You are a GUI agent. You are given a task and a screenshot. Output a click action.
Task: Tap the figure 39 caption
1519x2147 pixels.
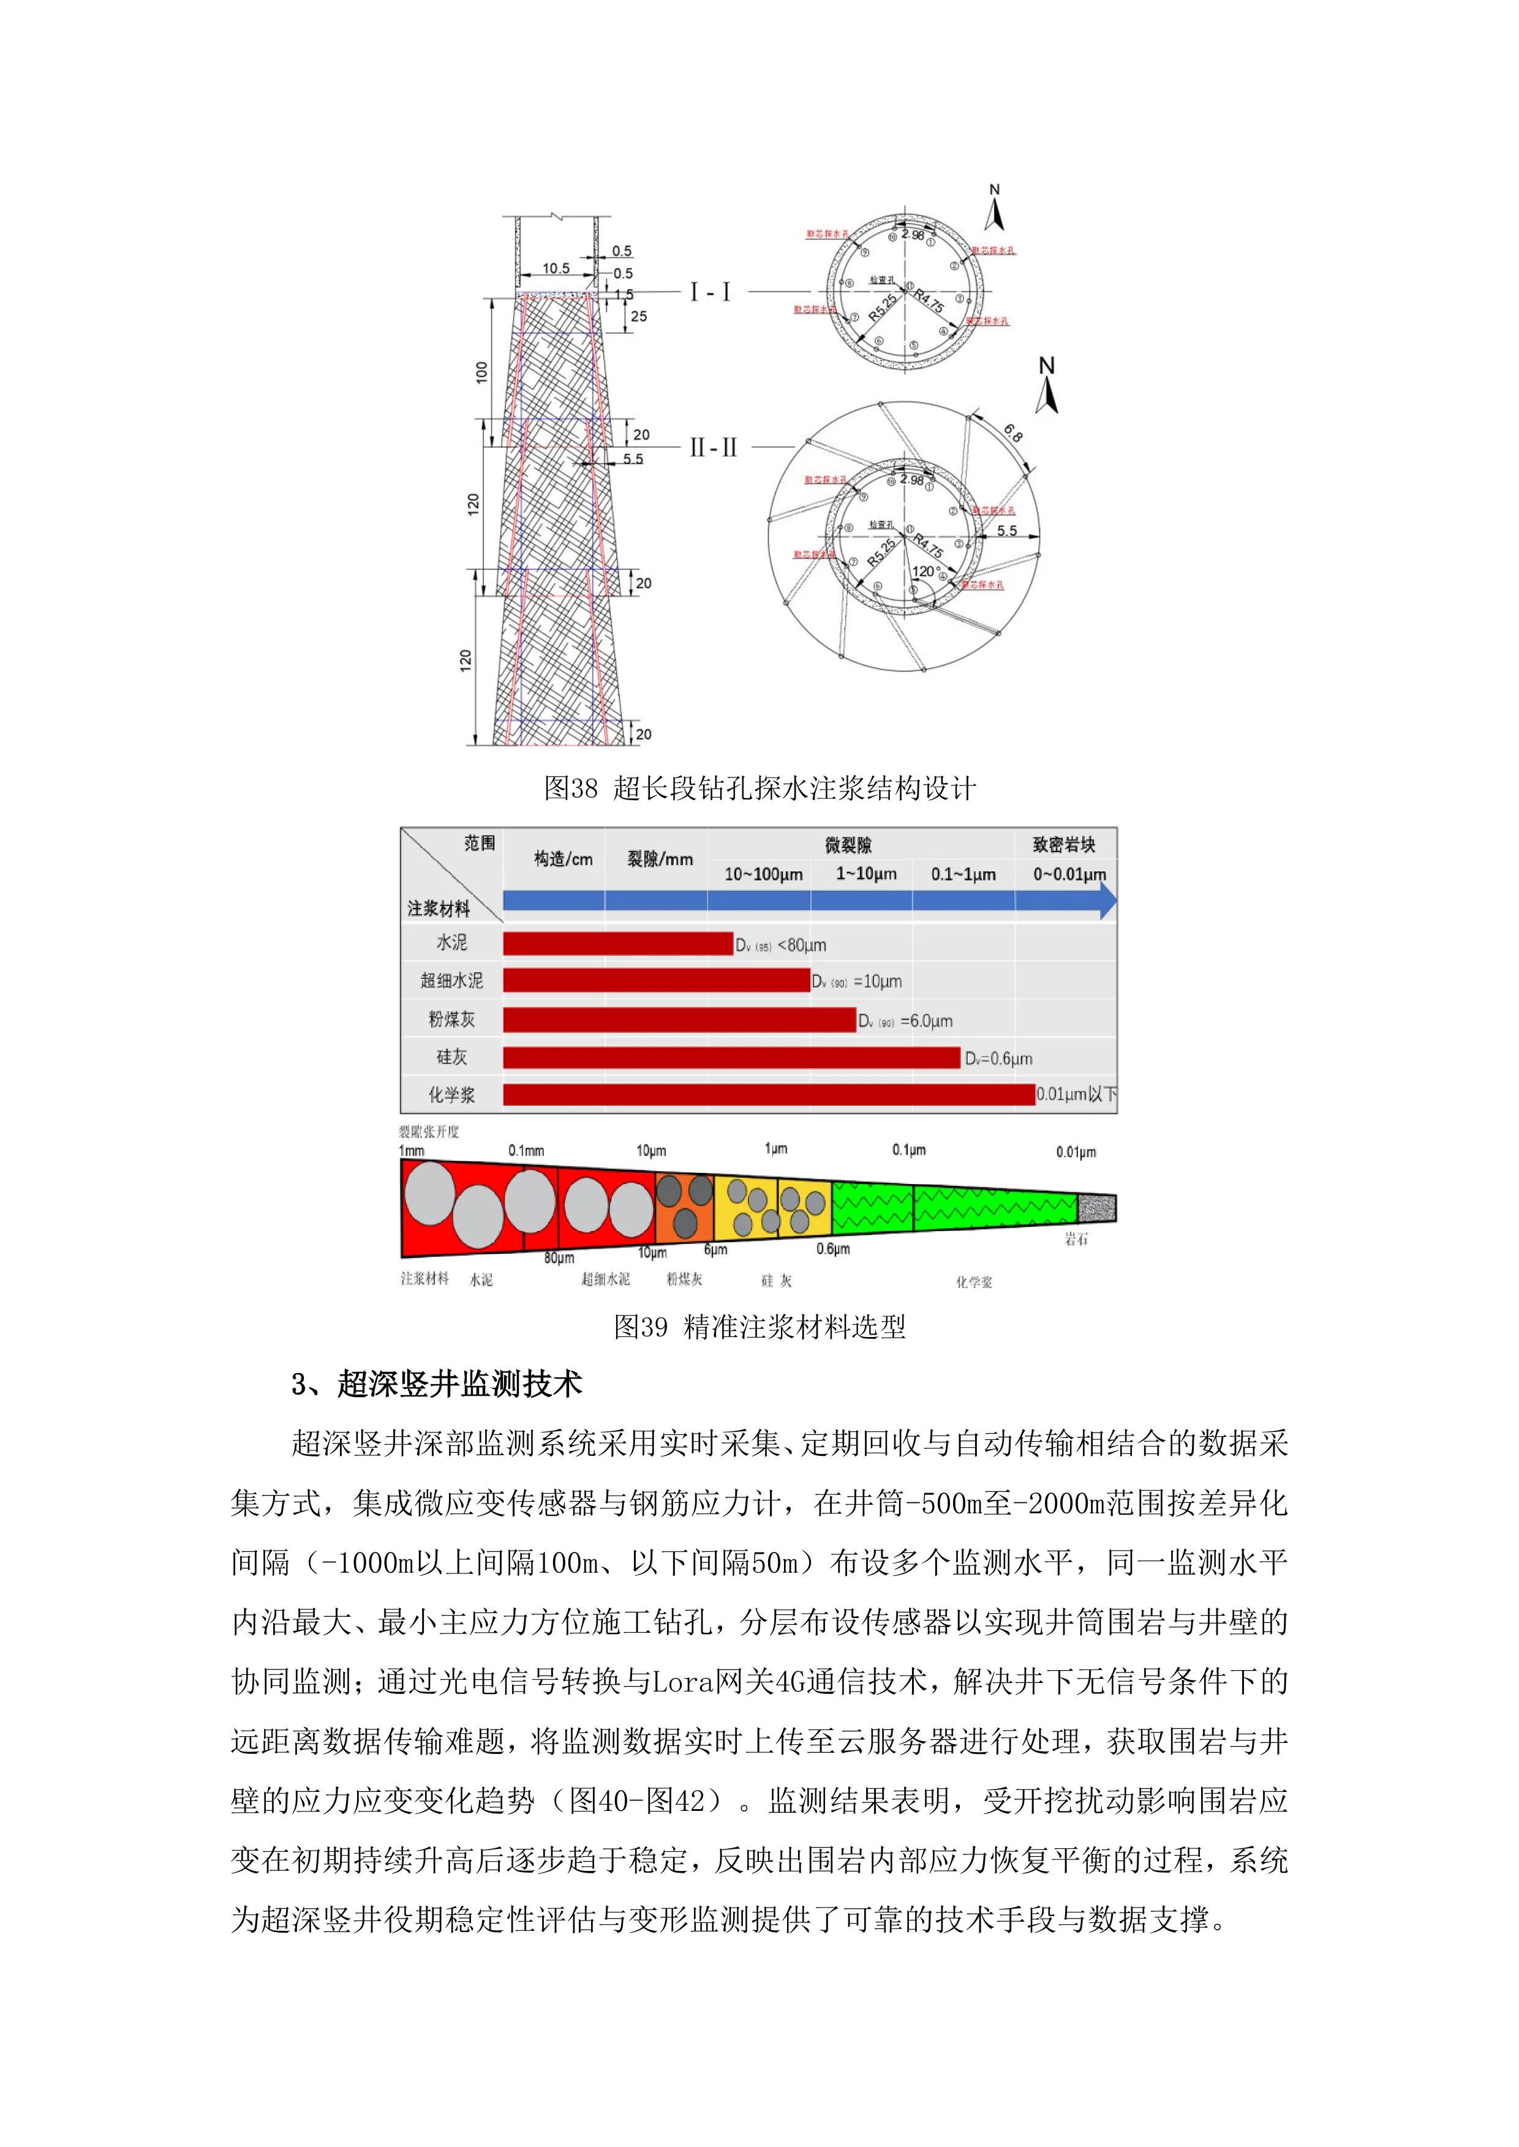click(x=759, y=1326)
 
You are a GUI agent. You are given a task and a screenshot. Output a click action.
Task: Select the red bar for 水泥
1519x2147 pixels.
click(x=617, y=943)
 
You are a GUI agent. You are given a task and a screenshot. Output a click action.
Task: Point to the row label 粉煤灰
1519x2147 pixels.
click(x=452, y=1018)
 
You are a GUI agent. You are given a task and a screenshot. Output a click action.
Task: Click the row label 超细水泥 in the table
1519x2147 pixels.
click(x=452, y=980)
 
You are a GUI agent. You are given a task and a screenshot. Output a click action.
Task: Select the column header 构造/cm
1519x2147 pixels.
click(x=563, y=858)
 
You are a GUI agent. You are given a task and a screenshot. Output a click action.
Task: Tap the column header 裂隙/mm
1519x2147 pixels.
click(x=660, y=858)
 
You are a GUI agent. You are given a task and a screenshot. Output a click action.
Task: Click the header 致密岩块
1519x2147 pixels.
click(x=1063, y=844)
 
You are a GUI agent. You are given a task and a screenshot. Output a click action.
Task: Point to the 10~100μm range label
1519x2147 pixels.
click(x=763, y=874)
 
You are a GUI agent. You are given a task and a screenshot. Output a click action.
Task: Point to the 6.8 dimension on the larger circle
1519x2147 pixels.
click(x=1013, y=433)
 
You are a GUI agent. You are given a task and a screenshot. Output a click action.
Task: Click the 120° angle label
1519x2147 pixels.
click(x=924, y=571)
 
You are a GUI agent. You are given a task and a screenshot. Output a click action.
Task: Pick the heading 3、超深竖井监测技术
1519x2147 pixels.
click(x=437, y=1384)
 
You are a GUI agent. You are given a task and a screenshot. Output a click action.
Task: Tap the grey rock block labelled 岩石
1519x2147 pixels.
click(x=1096, y=1208)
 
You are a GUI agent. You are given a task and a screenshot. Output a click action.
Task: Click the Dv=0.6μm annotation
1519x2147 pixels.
click(x=998, y=1059)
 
